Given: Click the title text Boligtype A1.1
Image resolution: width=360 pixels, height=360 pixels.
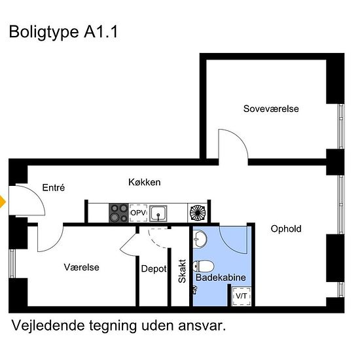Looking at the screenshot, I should [x=63, y=33].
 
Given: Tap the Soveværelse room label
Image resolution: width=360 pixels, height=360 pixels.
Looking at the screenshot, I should [x=271, y=109].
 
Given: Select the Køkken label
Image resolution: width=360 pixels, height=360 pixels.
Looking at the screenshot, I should [x=144, y=183].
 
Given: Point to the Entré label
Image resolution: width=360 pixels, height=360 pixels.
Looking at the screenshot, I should [x=54, y=187].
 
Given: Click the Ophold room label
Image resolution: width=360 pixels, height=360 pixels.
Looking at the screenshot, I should [x=286, y=228].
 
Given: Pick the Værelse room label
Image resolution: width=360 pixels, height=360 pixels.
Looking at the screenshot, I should [x=81, y=267].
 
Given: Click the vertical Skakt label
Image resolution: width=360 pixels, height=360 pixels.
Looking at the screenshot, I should [x=183, y=271].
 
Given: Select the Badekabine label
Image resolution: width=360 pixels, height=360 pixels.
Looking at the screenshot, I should [x=221, y=278].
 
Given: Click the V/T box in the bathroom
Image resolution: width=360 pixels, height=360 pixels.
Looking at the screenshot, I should [x=241, y=297].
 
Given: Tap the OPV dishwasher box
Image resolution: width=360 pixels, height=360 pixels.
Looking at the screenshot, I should [x=137, y=213].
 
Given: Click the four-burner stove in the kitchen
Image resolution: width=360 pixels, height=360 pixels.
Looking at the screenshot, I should [x=118, y=213].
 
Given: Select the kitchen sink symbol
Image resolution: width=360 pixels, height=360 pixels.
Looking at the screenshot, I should [x=158, y=213].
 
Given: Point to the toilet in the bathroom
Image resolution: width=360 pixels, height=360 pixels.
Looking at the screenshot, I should [x=204, y=266].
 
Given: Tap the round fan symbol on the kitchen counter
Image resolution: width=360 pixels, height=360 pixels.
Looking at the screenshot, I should [x=196, y=212].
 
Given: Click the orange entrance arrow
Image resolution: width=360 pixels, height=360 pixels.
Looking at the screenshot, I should [x=3, y=202].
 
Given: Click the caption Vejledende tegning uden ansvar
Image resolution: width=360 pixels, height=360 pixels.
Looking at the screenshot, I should [x=118, y=326].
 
